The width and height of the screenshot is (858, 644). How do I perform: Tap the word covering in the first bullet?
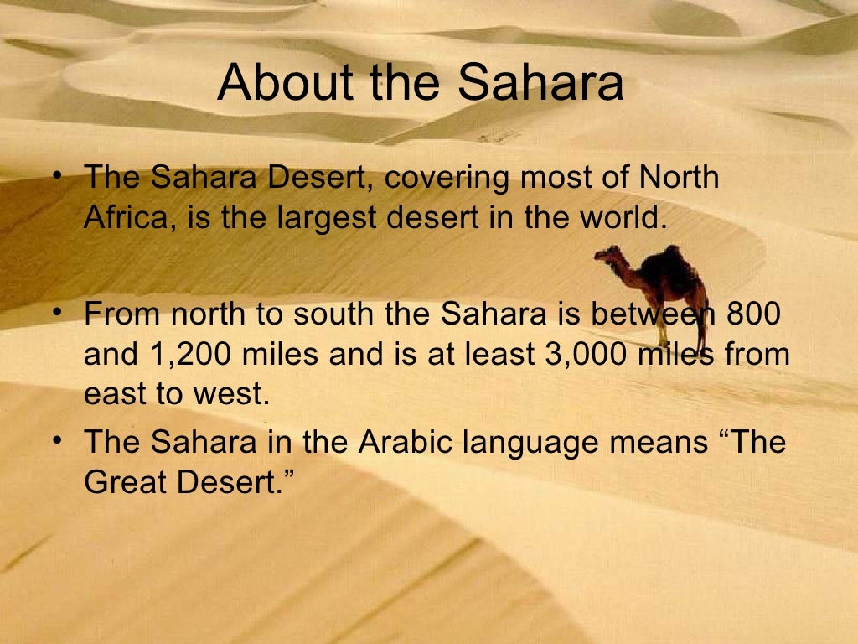pos(449,179)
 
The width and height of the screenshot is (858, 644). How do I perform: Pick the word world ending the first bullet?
pos(621,218)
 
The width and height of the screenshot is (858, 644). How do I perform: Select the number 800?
pos(752,314)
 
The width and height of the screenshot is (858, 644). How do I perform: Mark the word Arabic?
pos(402,443)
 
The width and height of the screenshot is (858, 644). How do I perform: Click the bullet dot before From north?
pos(56,313)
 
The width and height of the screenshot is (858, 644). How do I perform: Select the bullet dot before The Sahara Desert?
pos(56,177)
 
